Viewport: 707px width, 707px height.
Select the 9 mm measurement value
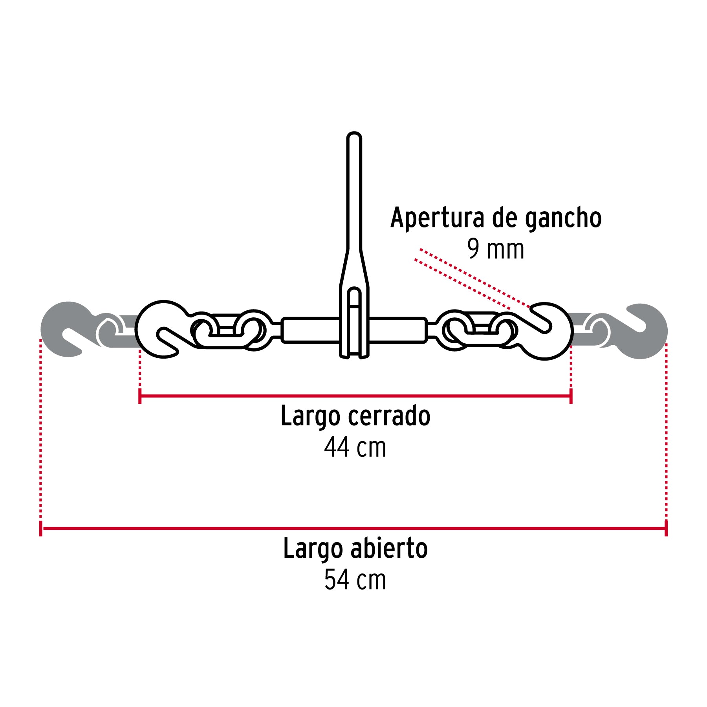click(496, 249)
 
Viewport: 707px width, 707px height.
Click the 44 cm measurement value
click(355, 447)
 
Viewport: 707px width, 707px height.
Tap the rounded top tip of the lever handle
click(354, 136)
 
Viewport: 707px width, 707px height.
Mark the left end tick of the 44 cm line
click(140, 396)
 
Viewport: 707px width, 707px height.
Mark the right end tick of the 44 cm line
click(571, 396)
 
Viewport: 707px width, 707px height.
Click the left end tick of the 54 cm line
click(41, 528)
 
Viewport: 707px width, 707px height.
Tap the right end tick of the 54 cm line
click(666, 528)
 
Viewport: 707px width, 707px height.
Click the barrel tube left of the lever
click(310, 330)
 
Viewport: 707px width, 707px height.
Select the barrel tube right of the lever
click(397, 330)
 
